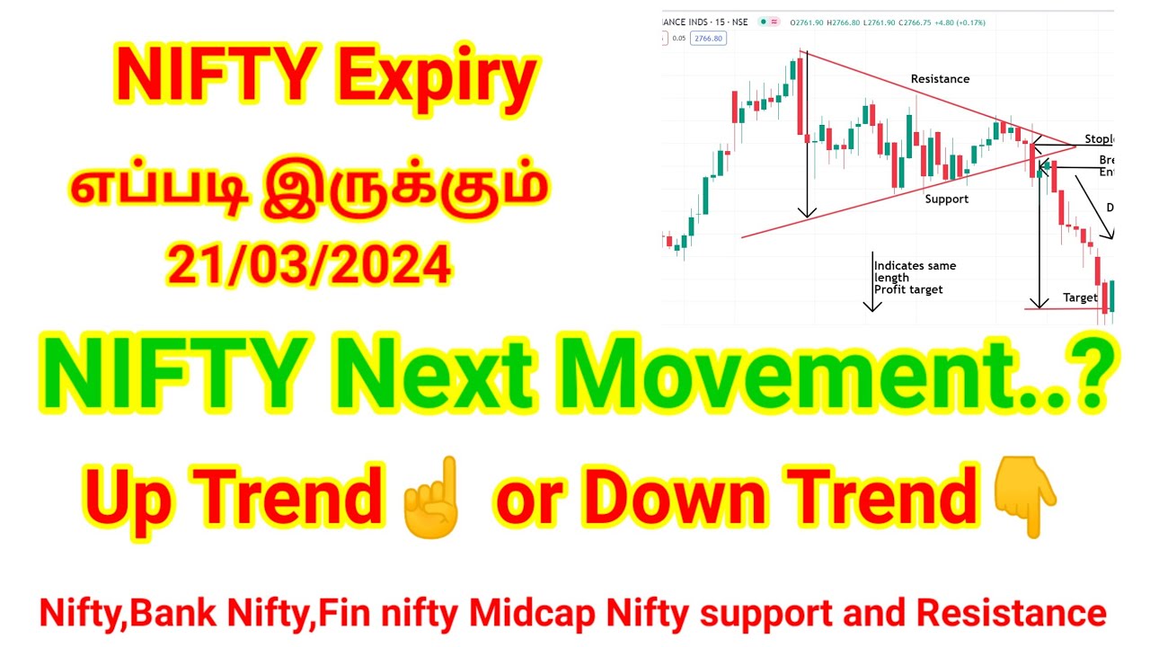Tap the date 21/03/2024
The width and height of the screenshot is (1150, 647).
[x=309, y=264]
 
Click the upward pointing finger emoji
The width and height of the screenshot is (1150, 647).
[x=433, y=496]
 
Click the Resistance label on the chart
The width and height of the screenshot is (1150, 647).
[x=940, y=79]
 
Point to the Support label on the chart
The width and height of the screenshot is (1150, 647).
[x=947, y=199]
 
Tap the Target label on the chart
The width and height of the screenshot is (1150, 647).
[x=1080, y=297]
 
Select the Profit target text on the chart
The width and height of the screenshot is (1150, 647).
[x=908, y=289]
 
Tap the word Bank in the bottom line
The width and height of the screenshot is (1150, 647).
[x=171, y=613]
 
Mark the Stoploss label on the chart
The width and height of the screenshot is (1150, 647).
[x=1098, y=139]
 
